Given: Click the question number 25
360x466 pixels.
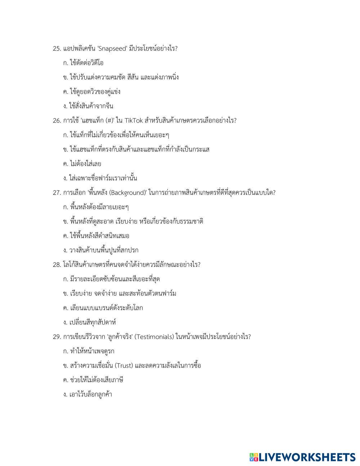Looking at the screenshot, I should pyautogui.click(x=57, y=49).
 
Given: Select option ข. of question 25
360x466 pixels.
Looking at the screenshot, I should pyautogui.click(x=121, y=77).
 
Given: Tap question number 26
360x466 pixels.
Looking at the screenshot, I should pyautogui.click(x=57, y=121).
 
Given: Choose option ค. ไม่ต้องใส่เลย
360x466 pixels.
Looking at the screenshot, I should pyautogui.click(x=82, y=164).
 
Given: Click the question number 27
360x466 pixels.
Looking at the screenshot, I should pyautogui.click(x=57, y=193).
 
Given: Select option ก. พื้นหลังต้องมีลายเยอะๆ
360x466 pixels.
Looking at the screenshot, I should pyautogui.click(x=96, y=207).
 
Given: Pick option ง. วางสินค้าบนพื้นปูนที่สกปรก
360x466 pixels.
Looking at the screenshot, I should pyautogui.click(x=100, y=250).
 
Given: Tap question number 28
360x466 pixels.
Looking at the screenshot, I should pyautogui.click(x=57, y=265).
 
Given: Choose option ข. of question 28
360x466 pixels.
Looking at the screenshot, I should pyautogui.click(x=119, y=294).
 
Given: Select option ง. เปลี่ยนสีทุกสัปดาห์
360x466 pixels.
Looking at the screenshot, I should pyautogui.click(x=89, y=322).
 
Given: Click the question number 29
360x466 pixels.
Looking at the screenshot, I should pyautogui.click(x=57, y=337).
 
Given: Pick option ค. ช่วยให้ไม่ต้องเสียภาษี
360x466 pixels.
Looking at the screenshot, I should pyautogui.click(x=93, y=380).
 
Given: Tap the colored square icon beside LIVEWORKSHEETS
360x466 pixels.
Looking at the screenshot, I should pyautogui.click(x=254, y=457).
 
